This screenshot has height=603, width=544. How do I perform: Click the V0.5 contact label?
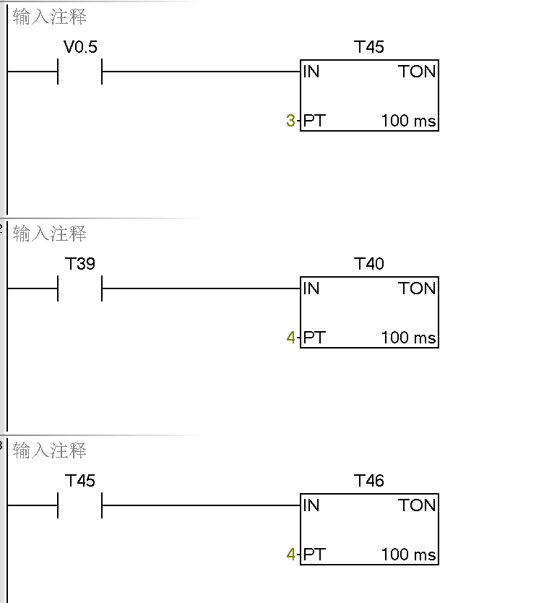tap(80, 48)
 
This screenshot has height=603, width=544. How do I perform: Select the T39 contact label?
tap(80, 264)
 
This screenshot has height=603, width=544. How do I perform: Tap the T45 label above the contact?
tap(80, 481)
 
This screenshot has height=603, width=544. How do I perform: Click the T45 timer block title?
tap(369, 48)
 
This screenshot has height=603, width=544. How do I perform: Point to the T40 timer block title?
tap(369, 264)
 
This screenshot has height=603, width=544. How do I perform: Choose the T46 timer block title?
tap(369, 481)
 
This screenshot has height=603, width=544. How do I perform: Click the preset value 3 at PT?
tap(290, 121)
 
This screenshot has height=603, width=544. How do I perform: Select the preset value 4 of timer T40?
tap(290, 338)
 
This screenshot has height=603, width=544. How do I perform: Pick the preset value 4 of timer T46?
tap(290, 555)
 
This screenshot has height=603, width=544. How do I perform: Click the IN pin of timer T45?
tap(311, 72)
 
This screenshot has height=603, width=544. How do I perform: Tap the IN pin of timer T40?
tap(311, 288)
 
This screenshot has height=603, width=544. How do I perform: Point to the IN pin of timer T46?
tap(311, 505)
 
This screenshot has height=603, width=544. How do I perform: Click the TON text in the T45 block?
tap(417, 72)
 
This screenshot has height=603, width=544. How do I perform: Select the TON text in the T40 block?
tap(417, 288)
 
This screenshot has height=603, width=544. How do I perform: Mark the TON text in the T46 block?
tap(417, 505)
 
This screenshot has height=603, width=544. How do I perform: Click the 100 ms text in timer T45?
tap(408, 121)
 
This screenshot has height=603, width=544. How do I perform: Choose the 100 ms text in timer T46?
tap(408, 555)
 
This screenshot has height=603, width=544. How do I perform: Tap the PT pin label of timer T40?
tap(314, 338)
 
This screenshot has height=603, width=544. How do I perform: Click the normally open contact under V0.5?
tap(80, 72)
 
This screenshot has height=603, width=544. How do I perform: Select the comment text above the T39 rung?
tap(50, 234)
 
